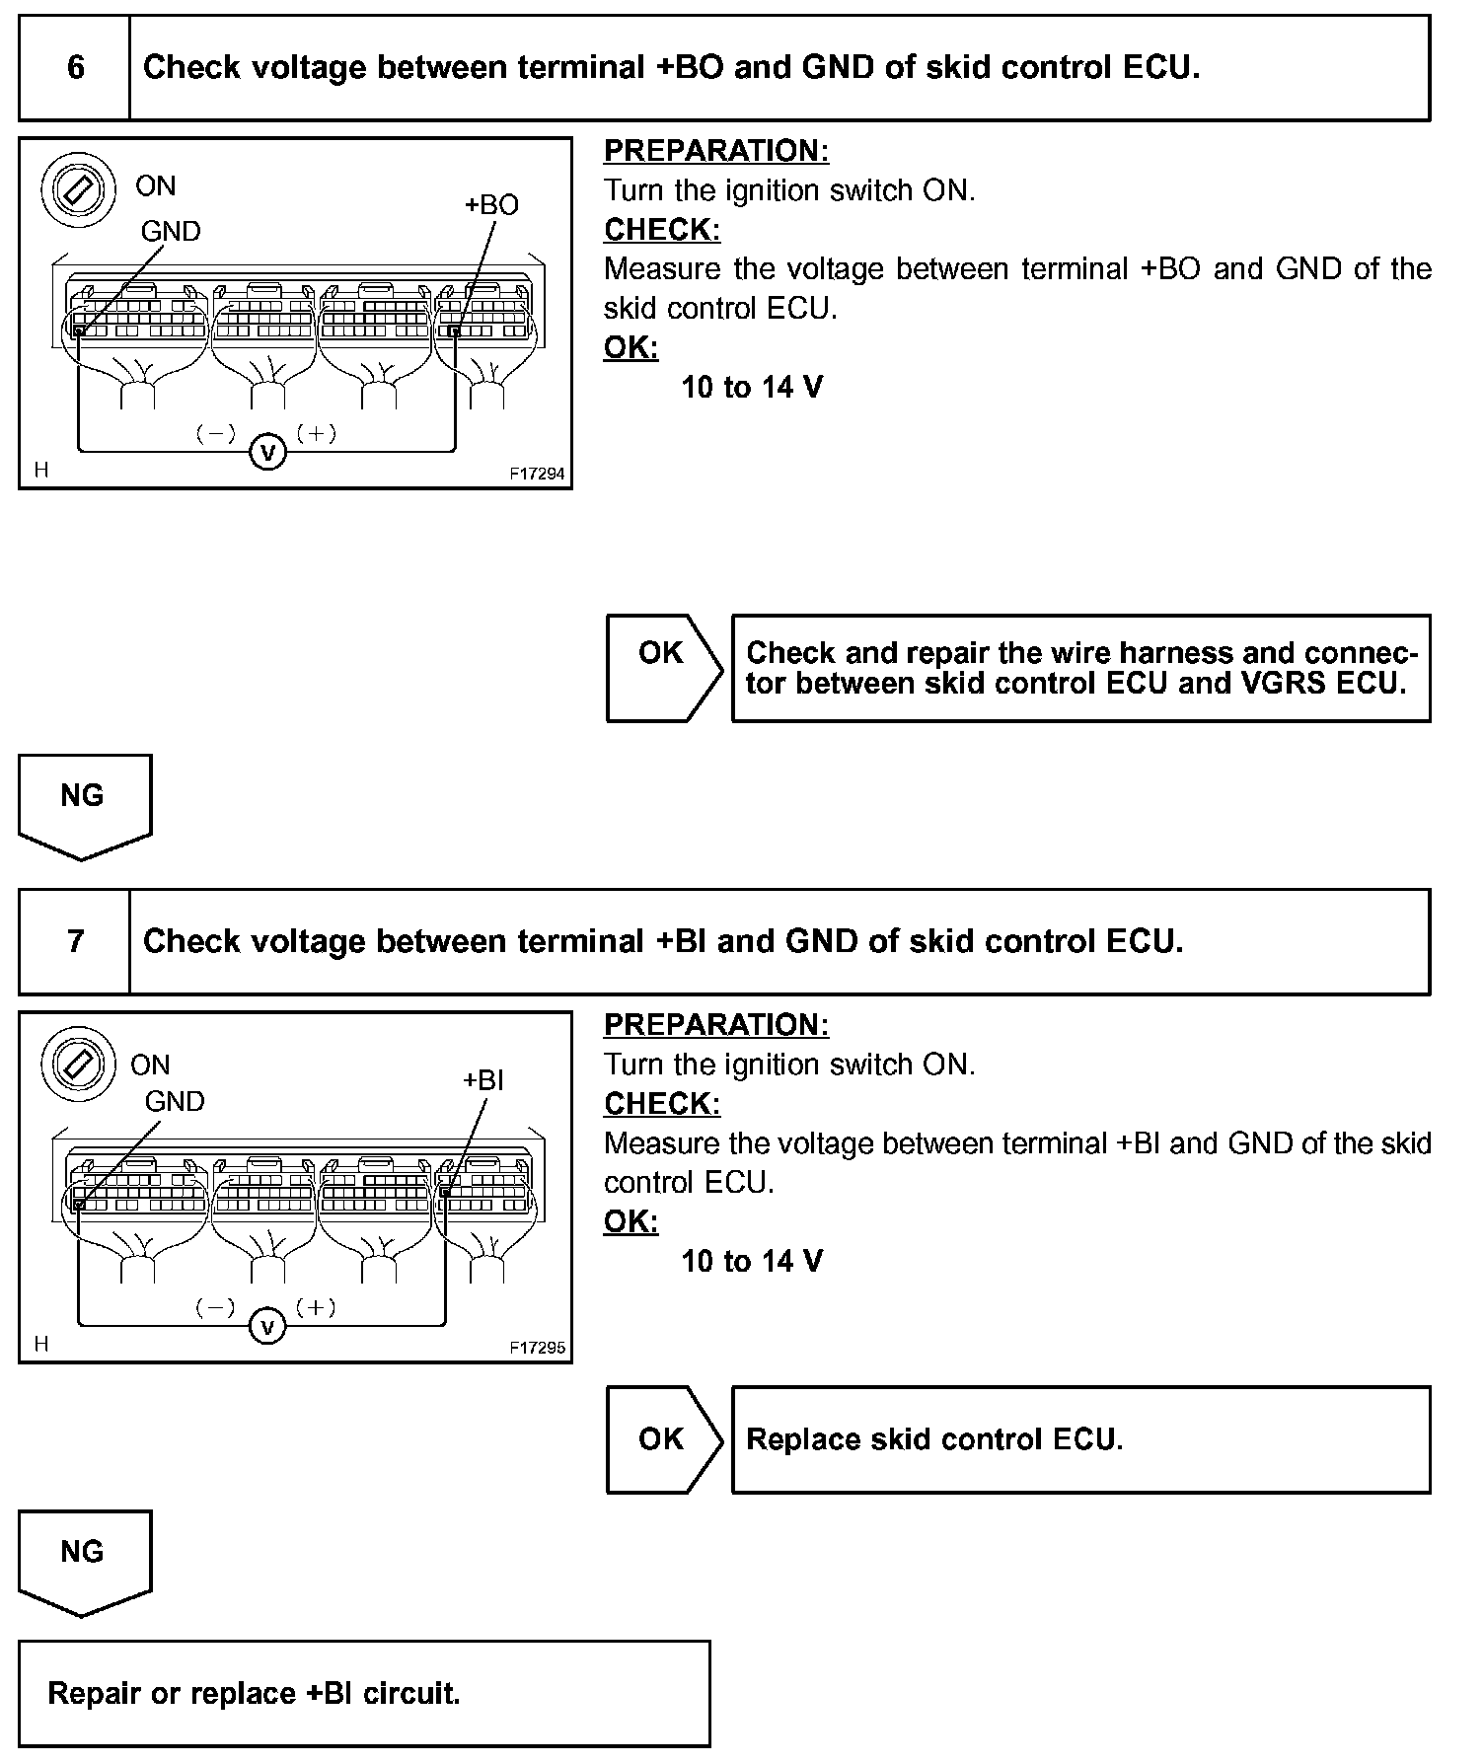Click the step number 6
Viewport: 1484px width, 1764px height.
click(x=76, y=67)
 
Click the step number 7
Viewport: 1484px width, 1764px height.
click(x=76, y=941)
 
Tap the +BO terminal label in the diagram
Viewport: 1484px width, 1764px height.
click(x=490, y=205)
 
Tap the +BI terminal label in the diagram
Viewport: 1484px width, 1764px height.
click(x=483, y=1080)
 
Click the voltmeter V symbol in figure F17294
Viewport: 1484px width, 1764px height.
click(x=267, y=453)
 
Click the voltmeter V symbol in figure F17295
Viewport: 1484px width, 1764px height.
click(x=266, y=1327)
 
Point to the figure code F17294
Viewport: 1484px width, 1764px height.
click(x=537, y=474)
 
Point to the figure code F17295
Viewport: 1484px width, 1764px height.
click(x=537, y=1348)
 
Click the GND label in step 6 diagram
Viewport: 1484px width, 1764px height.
click(x=171, y=232)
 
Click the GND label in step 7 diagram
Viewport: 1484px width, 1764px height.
click(x=175, y=1102)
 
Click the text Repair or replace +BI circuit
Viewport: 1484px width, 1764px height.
click(x=254, y=1694)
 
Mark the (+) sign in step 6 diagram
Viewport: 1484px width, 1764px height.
click(x=316, y=433)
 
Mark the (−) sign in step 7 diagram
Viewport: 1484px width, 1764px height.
click(x=215, y=1308)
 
